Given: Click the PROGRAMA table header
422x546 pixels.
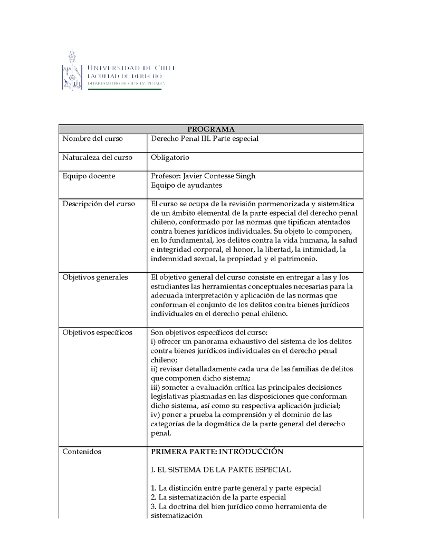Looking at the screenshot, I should coord(211,129).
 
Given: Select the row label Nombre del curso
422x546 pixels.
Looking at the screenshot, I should coord(92,139).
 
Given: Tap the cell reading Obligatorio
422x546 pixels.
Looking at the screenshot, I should coord(170,158).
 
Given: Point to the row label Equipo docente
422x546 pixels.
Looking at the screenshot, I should coord(89,176).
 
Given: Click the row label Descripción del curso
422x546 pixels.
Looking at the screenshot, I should coord(99,204).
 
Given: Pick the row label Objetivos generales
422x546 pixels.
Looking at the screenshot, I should coord(95,277).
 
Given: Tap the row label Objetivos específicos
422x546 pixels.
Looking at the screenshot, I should coord(97,332).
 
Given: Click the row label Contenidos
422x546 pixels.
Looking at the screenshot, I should coord(82,452).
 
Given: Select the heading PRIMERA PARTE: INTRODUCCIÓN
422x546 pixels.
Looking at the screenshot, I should coord(217,452).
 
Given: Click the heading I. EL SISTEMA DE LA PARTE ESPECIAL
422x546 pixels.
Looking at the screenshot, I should coord(220,470).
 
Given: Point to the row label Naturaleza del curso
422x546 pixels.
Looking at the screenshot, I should coord(97,158).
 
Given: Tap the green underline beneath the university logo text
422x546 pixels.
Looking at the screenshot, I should coord(124,89).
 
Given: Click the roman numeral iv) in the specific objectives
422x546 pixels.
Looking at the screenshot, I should coord(156,415).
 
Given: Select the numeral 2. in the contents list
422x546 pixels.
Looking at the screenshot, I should coord(154,497).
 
